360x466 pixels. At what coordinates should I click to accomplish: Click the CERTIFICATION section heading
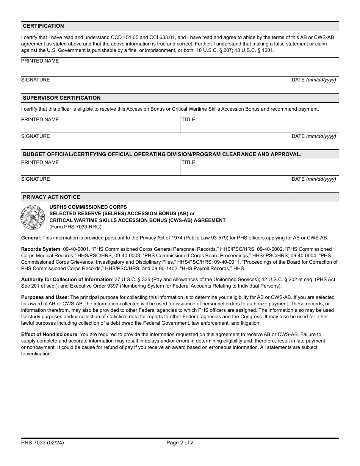[x=43, y=26]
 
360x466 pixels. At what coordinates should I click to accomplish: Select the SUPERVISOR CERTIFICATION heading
[x=62, y=98]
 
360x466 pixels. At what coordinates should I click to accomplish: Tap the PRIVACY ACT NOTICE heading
[x=52, y=197]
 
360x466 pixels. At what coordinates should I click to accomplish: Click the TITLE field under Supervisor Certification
[x=259, y=125]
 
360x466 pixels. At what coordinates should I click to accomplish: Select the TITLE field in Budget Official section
[x=259, y=168]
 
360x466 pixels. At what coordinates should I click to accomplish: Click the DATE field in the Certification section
[x=314, y=86]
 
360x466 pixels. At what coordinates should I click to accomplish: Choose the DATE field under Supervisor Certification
[x=314, y=142]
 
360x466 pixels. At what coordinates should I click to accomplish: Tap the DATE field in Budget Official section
[x=314, y=185]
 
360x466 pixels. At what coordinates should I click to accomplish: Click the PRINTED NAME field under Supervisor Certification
[x=100, y=125]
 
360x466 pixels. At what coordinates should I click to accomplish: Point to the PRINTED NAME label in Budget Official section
[x=40, y=163]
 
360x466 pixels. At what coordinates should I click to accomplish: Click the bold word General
[x=30, y=238]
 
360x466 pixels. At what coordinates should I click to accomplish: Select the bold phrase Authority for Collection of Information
[x=66, y=280]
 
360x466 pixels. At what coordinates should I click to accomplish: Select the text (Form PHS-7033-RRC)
[x=75, y=227]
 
